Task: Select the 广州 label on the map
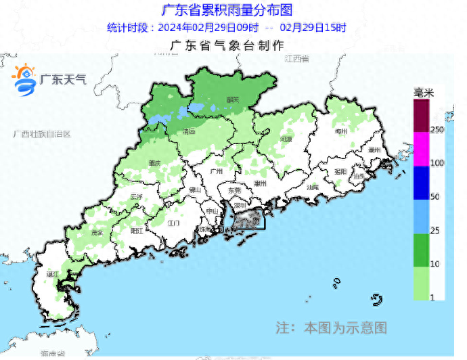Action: pyautogui.click(x=217, y=172)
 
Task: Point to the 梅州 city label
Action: pyautogui.click(x=340, y=131)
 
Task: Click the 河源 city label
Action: pyautogui.click(x=286, y=139)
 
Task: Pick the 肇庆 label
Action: pyautogui.click(x=154, y=163)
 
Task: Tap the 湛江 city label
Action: pyautogui.click(x=51, y=275)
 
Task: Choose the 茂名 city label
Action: pyautogui.click(x=97, y=232)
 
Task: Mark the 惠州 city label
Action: pyautogui.click(x=259, y=183)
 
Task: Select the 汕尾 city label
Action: pyautogui.click(x=312, y=186)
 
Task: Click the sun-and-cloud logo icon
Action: pyautogui.click(x=24, y=78)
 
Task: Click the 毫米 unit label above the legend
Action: pyautogui.click(x=424, y=92)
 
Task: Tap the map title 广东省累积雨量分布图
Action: pyautogui.click(x=227, y=11)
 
